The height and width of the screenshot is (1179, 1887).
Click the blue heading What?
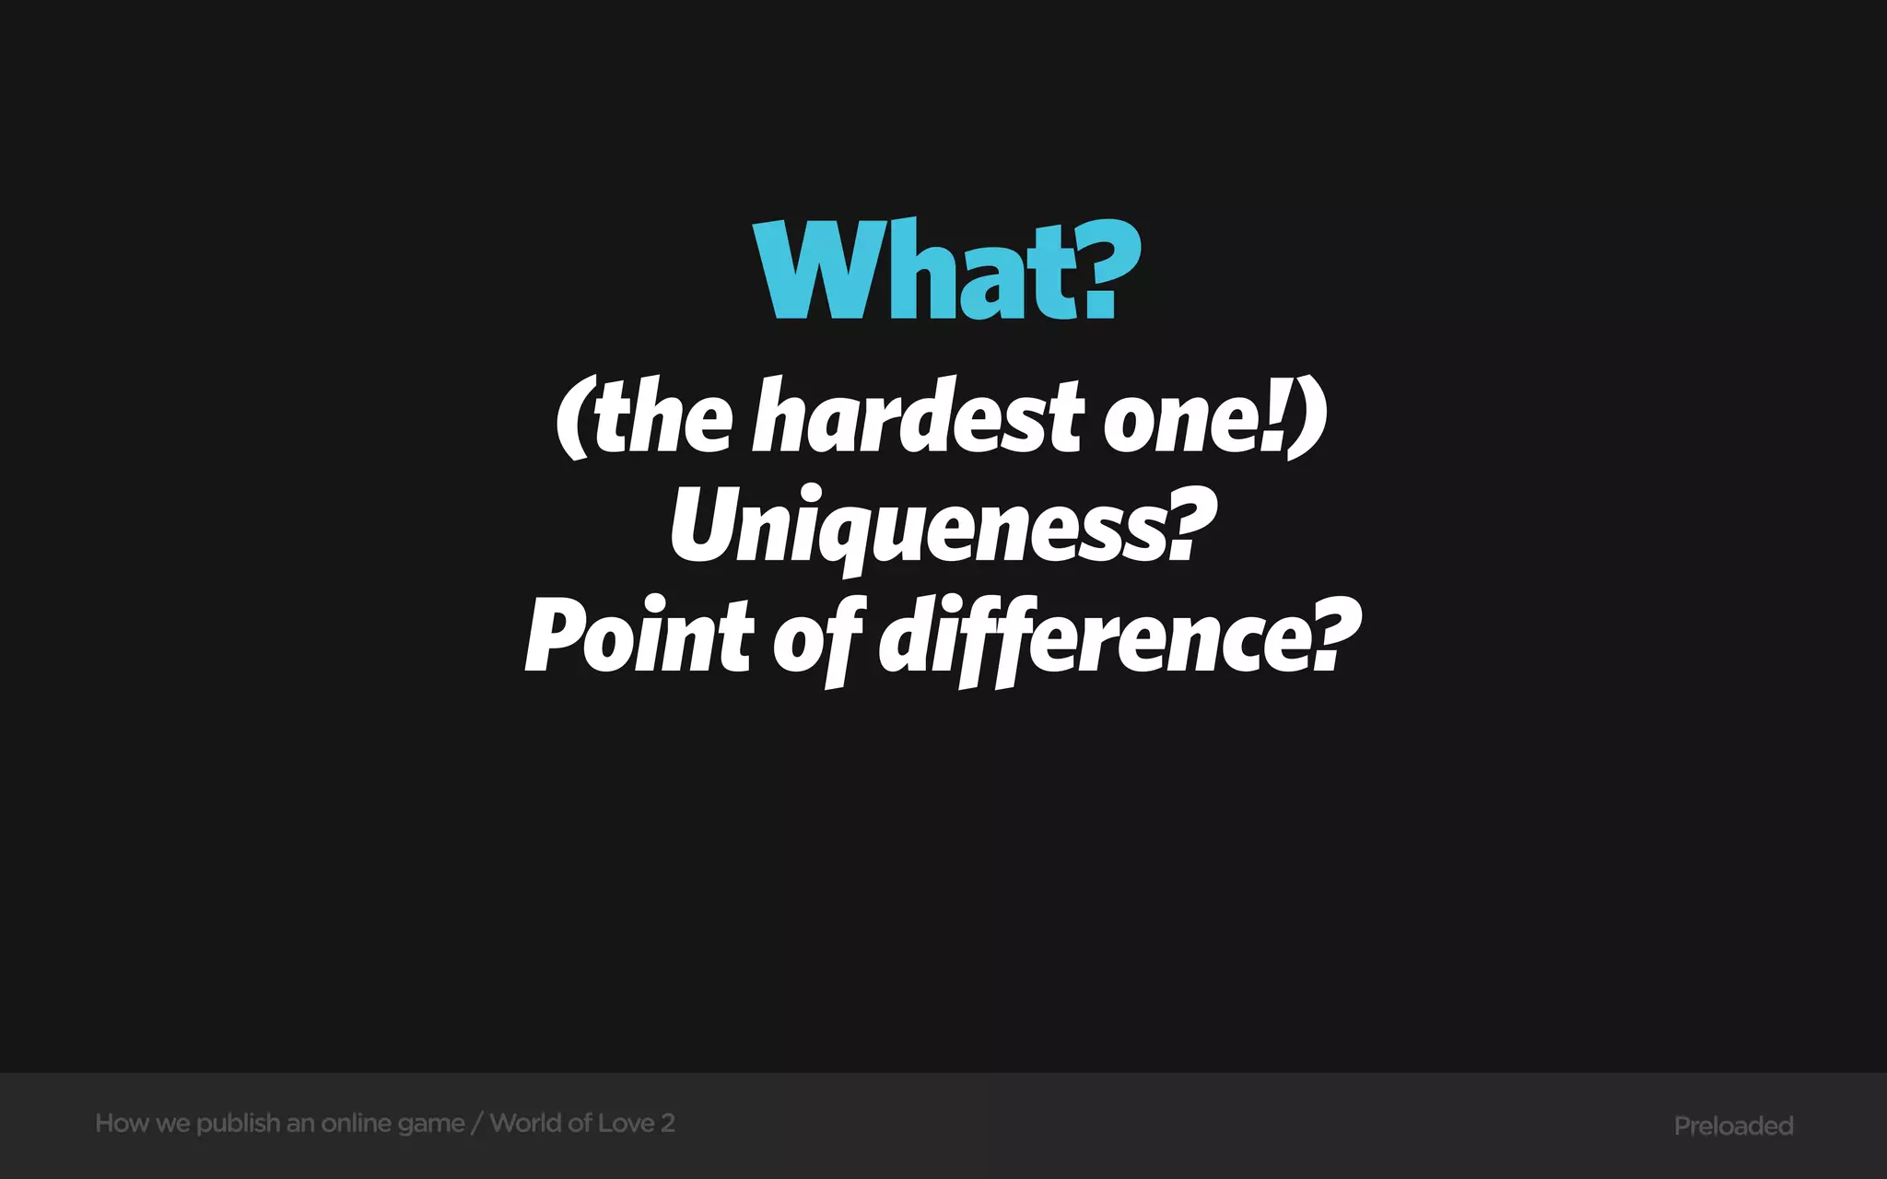(946, 271)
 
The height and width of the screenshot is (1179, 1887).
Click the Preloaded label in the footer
(1733, 1126)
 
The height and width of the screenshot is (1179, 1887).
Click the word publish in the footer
(238, 1124)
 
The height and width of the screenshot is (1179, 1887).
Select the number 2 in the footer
(668, 1123)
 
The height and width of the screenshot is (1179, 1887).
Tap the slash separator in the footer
(476, 1123)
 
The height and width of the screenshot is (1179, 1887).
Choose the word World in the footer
(525, 1123)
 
